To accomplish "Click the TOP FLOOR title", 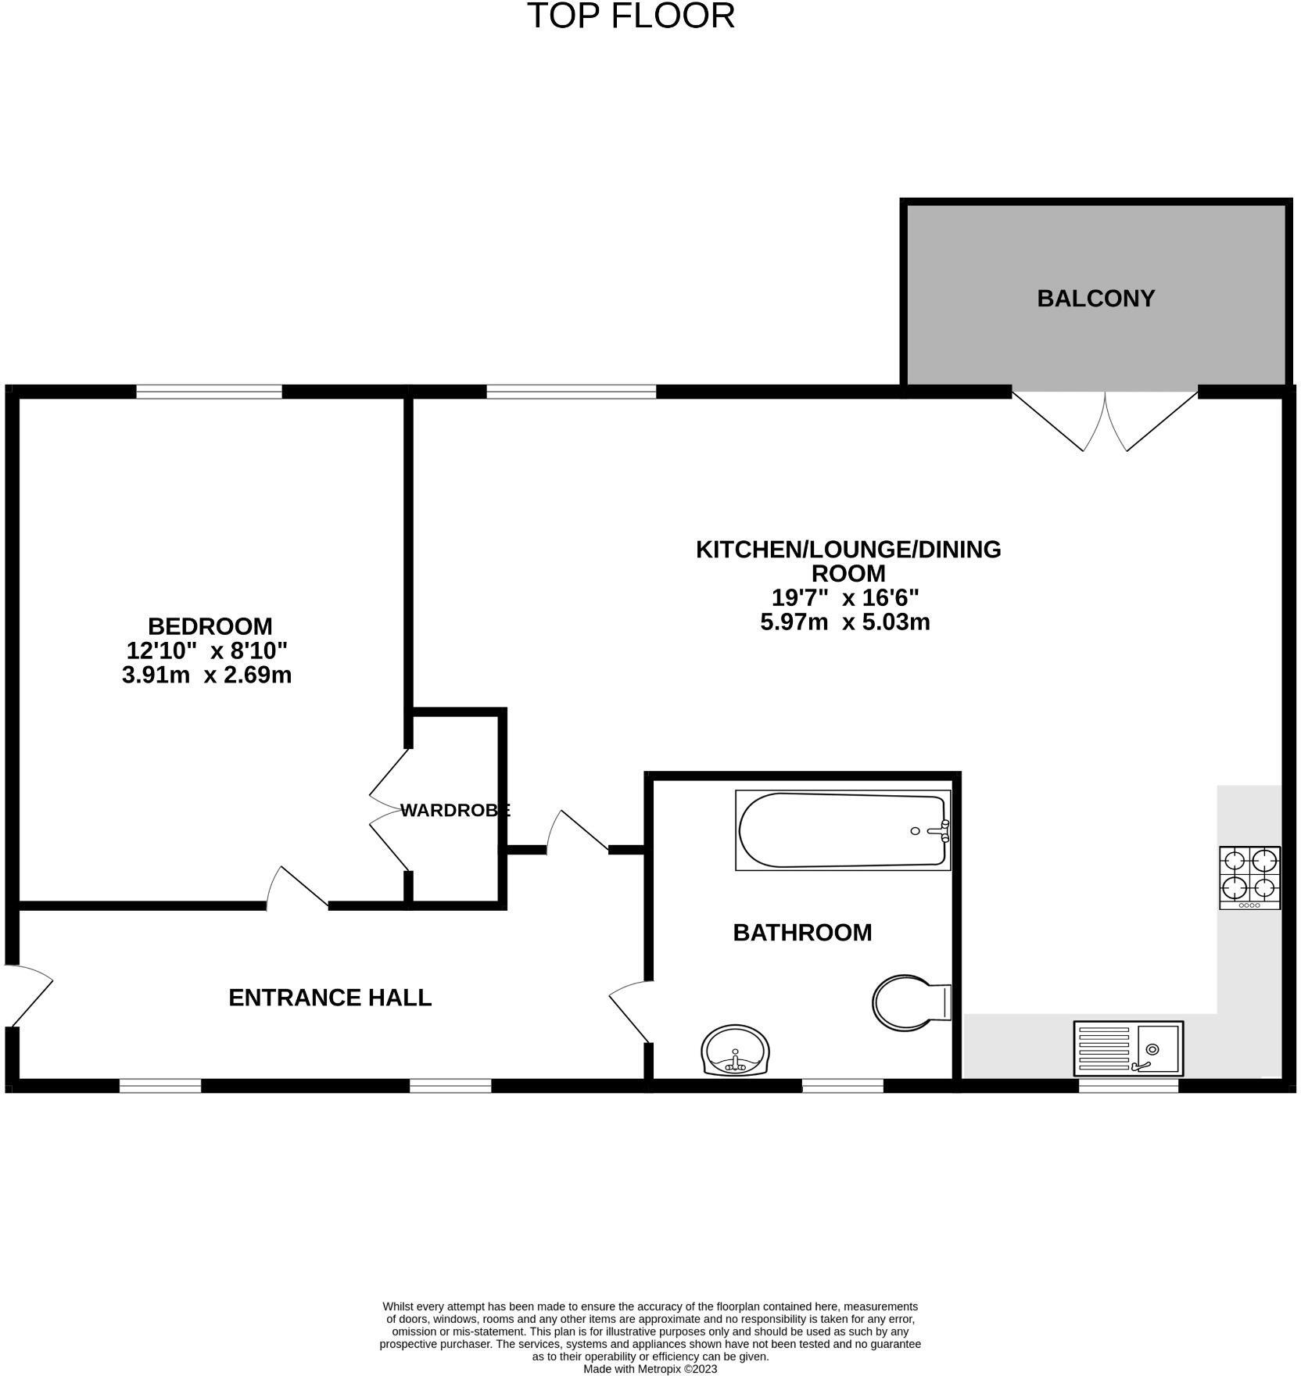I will pyautogui.click(x=631, y=16).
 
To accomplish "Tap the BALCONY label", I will pyautogui.click(x=1095, y=299).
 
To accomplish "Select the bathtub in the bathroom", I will pyautogui.click(x=843, y=830).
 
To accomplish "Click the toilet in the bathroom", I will pyautogui.click(x=910, y=1002).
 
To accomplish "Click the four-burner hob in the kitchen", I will pyautogui.click(x=1249, y=877).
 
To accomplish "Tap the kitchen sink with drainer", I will pyautogui.click(x=1127, y=1048).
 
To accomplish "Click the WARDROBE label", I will pyautogui.click(x=455, y=811).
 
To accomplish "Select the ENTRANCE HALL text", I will pyautogui.click(x=330, y=998).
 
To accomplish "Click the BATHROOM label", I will pyautogui.click(x=802, y=932).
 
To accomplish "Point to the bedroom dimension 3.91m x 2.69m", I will pyautogui.click(x=206, y=675).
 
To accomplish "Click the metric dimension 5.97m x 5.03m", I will pyautogui.click(x=845, y=622).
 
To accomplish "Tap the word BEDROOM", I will pyautogui.click(x=210, y=626).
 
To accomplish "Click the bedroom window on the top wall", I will pyautogui.click(x=209, y=392).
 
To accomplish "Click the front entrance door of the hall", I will pyautogui.click(x=28, y=994).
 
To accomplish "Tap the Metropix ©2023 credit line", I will pyautogui.click(x=650, y=1369).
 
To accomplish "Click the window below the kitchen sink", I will pyautogui.click(x=1128, y=1085).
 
